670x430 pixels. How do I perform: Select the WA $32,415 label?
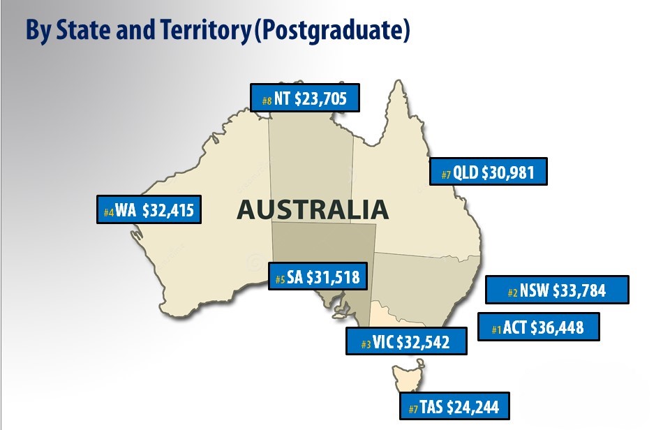(149, 209)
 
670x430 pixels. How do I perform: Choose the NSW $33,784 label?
(556, 290)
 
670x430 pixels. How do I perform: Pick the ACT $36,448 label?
(537, 327)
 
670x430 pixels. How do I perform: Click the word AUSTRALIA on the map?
(311, 209)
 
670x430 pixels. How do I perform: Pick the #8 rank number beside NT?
(267, 101)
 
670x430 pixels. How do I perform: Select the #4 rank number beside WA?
(108, 212)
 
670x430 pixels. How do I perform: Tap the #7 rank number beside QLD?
(445, 175)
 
